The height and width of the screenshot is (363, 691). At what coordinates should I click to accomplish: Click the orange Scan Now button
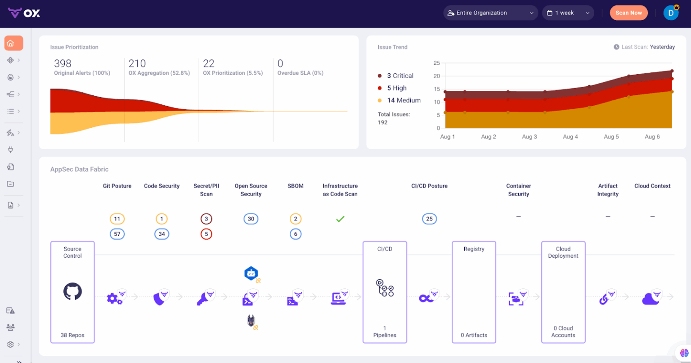[628, 13]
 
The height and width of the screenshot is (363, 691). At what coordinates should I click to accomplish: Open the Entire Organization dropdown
[490, 13]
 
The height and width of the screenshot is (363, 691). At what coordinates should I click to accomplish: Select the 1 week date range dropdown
[568, 13]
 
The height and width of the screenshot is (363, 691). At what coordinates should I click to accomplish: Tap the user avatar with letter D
[671, 13]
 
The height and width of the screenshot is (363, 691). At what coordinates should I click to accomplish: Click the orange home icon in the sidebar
[11, 43]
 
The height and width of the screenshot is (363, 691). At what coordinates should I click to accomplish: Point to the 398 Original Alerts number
[63, 63]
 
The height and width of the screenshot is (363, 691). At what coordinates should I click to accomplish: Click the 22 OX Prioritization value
[209, 63]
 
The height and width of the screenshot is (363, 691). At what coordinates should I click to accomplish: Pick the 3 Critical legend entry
[400, 76]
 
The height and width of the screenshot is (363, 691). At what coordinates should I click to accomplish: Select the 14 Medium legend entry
[404, 100]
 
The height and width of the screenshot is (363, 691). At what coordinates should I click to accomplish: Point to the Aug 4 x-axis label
[570, 137]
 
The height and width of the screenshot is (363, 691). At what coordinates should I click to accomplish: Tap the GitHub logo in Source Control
[72, 292]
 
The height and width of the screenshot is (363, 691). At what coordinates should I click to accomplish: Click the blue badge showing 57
[117, 234]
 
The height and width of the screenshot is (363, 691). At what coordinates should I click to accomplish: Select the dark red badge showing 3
[206, 219]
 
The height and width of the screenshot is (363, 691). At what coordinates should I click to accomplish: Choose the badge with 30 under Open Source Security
[251, 219]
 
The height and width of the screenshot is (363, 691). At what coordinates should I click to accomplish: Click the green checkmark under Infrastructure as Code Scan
[340, 219]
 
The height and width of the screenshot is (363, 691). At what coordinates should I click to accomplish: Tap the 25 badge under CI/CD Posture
[429, 219]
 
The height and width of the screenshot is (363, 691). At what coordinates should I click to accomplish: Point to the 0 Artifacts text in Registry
[474, 335]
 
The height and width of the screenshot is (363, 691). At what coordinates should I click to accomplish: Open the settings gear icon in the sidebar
[10, 345]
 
